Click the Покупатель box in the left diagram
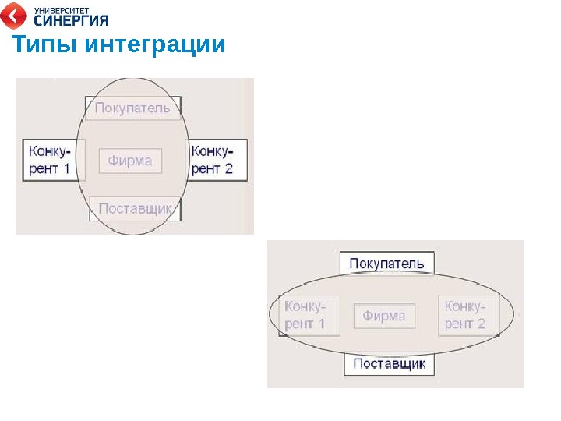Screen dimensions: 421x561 pos(132,108)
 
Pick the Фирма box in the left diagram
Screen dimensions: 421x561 pos(130,161)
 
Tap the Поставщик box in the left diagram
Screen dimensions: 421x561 pos(135,209)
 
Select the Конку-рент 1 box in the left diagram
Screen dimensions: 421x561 pos(54,160)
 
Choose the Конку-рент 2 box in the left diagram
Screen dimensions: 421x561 pos(217,160)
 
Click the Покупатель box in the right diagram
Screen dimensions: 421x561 pos(386,264)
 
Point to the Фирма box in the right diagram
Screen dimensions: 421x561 pos(384,316)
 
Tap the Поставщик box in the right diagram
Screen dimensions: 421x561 pos(389,364)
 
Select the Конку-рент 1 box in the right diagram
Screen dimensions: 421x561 pos(309,315)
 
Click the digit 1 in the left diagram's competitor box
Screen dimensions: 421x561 pos(65,168)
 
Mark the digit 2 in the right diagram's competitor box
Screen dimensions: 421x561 pos(481,324)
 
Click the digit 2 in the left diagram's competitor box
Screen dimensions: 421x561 pos(228,168)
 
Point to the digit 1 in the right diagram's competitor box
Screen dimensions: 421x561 pos(320,324)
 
